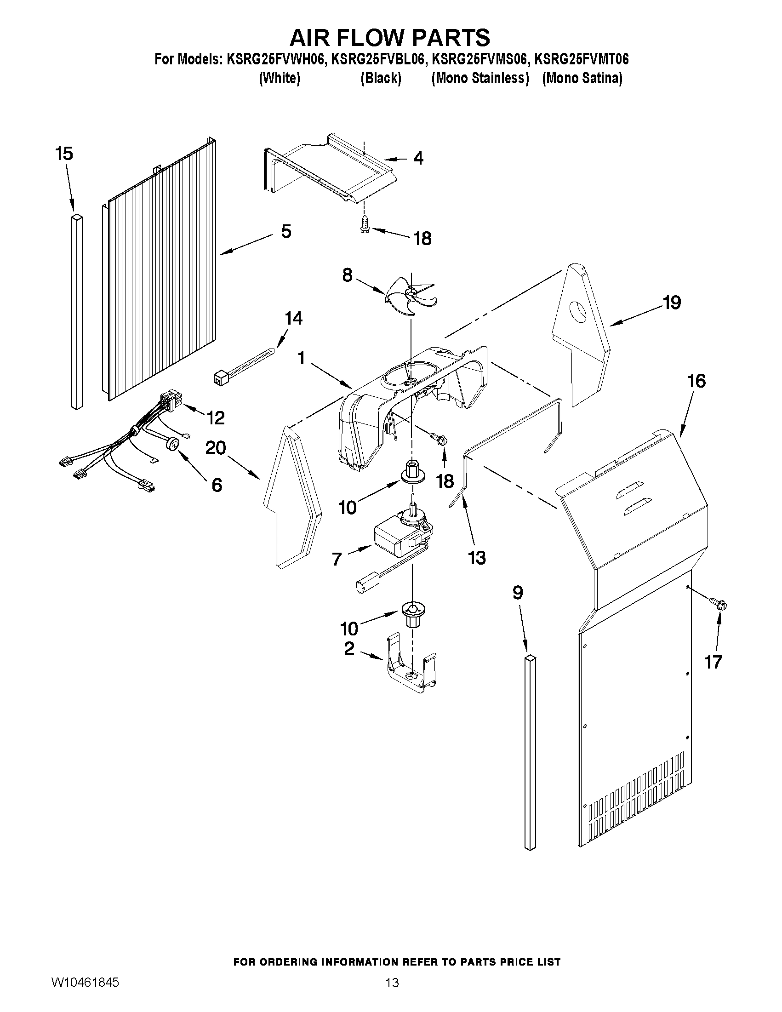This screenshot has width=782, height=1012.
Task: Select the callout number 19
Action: click(x=671, y=303)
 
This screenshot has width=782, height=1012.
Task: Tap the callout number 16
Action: click(x=696, y=381)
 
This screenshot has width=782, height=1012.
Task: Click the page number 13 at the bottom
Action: click(x=392, y=982)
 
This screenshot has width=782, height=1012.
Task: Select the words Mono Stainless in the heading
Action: click(x=480, y=78)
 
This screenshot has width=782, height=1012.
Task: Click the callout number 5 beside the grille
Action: click(x=286, y=231)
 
